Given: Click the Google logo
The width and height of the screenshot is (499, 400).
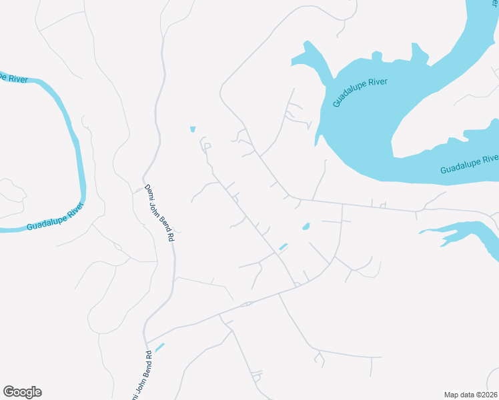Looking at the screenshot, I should pyautogui.click(x=22, y=392).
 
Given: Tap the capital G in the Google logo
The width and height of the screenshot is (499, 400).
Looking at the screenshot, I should pyautogui.click(x=9, y=392).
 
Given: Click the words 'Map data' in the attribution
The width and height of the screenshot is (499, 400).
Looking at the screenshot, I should pyautogui.click(x=458, y=395).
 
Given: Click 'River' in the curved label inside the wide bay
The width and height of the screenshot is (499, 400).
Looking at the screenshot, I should pyautogui.click(x=377, y=85).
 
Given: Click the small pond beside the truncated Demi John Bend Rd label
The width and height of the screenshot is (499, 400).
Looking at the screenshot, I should pyautogui.click(x=159, y=347).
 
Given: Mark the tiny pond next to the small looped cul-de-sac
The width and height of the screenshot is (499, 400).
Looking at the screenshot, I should pyautogui.click(x=193, y=129).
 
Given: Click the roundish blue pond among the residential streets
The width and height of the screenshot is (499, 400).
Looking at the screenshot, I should pyautogui.click(x=306, y=227).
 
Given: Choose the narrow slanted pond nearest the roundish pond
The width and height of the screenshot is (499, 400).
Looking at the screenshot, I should pyautogui.click(x=283, y=247).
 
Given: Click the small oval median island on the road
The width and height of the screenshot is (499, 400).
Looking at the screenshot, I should pyautogui.click(x=246, y=305).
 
